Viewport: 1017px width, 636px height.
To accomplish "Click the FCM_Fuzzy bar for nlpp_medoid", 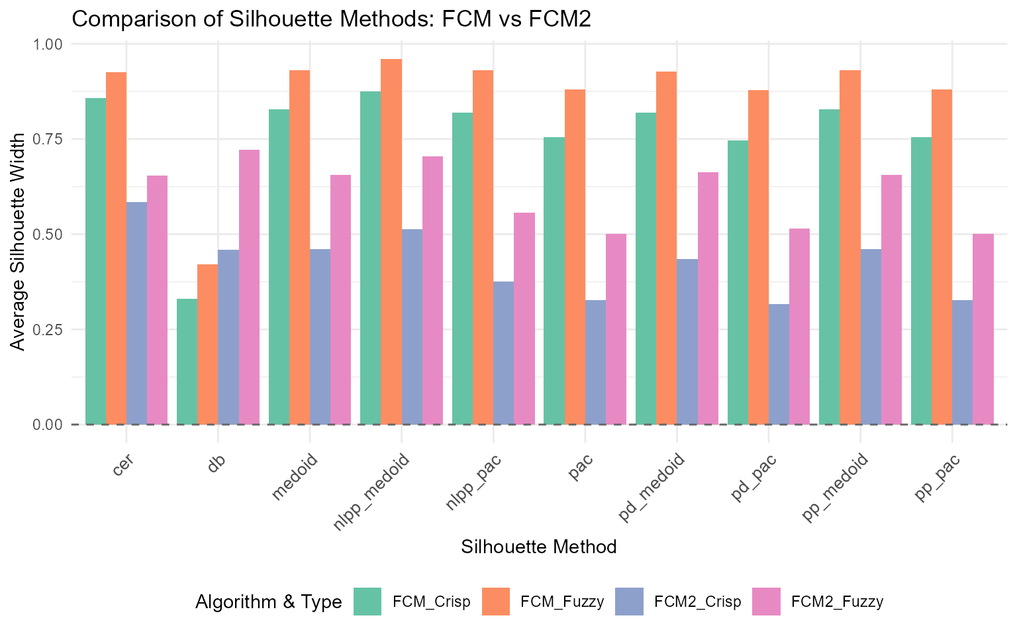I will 391,242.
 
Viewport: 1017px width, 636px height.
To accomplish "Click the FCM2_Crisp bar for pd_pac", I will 779,364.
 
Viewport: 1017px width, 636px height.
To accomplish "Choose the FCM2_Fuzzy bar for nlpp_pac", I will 524,319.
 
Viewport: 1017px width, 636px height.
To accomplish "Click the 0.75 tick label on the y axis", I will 47,139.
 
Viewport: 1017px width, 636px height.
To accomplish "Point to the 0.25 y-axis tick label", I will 47,329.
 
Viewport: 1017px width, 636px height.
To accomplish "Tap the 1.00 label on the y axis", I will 47,44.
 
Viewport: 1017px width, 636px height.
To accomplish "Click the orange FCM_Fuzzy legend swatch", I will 496,602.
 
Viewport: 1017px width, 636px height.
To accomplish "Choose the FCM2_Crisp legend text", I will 697,602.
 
